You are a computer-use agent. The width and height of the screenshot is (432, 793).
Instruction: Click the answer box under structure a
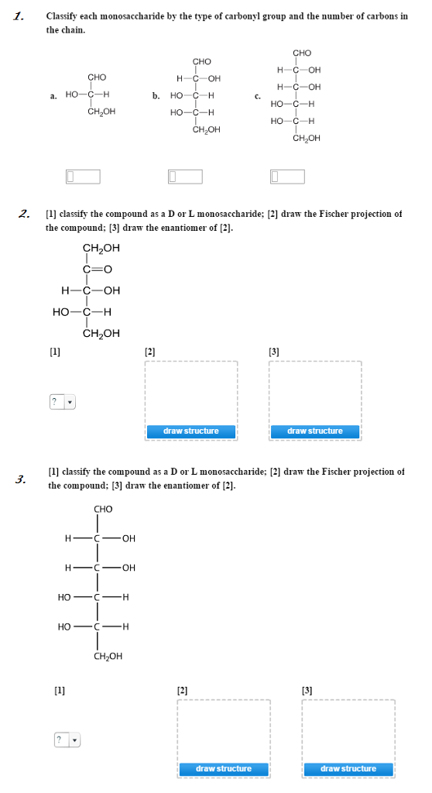83,177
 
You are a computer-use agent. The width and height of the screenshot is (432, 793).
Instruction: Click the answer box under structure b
185,177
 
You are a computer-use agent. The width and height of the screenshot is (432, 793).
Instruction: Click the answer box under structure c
286,177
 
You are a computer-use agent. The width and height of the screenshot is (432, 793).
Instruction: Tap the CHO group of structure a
97,77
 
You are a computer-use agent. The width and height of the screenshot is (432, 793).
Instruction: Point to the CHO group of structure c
302,53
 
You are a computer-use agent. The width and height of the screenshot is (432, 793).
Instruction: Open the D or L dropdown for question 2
63,402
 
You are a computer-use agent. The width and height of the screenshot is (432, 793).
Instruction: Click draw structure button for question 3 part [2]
223,768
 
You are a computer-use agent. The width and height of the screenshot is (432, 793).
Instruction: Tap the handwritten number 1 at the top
21,15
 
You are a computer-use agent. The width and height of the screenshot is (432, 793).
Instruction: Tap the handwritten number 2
24,214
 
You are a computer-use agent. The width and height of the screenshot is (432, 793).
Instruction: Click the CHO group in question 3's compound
103,509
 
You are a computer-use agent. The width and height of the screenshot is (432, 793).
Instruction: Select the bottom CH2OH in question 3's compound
108,656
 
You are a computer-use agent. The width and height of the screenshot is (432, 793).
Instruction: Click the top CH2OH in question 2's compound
101,249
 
